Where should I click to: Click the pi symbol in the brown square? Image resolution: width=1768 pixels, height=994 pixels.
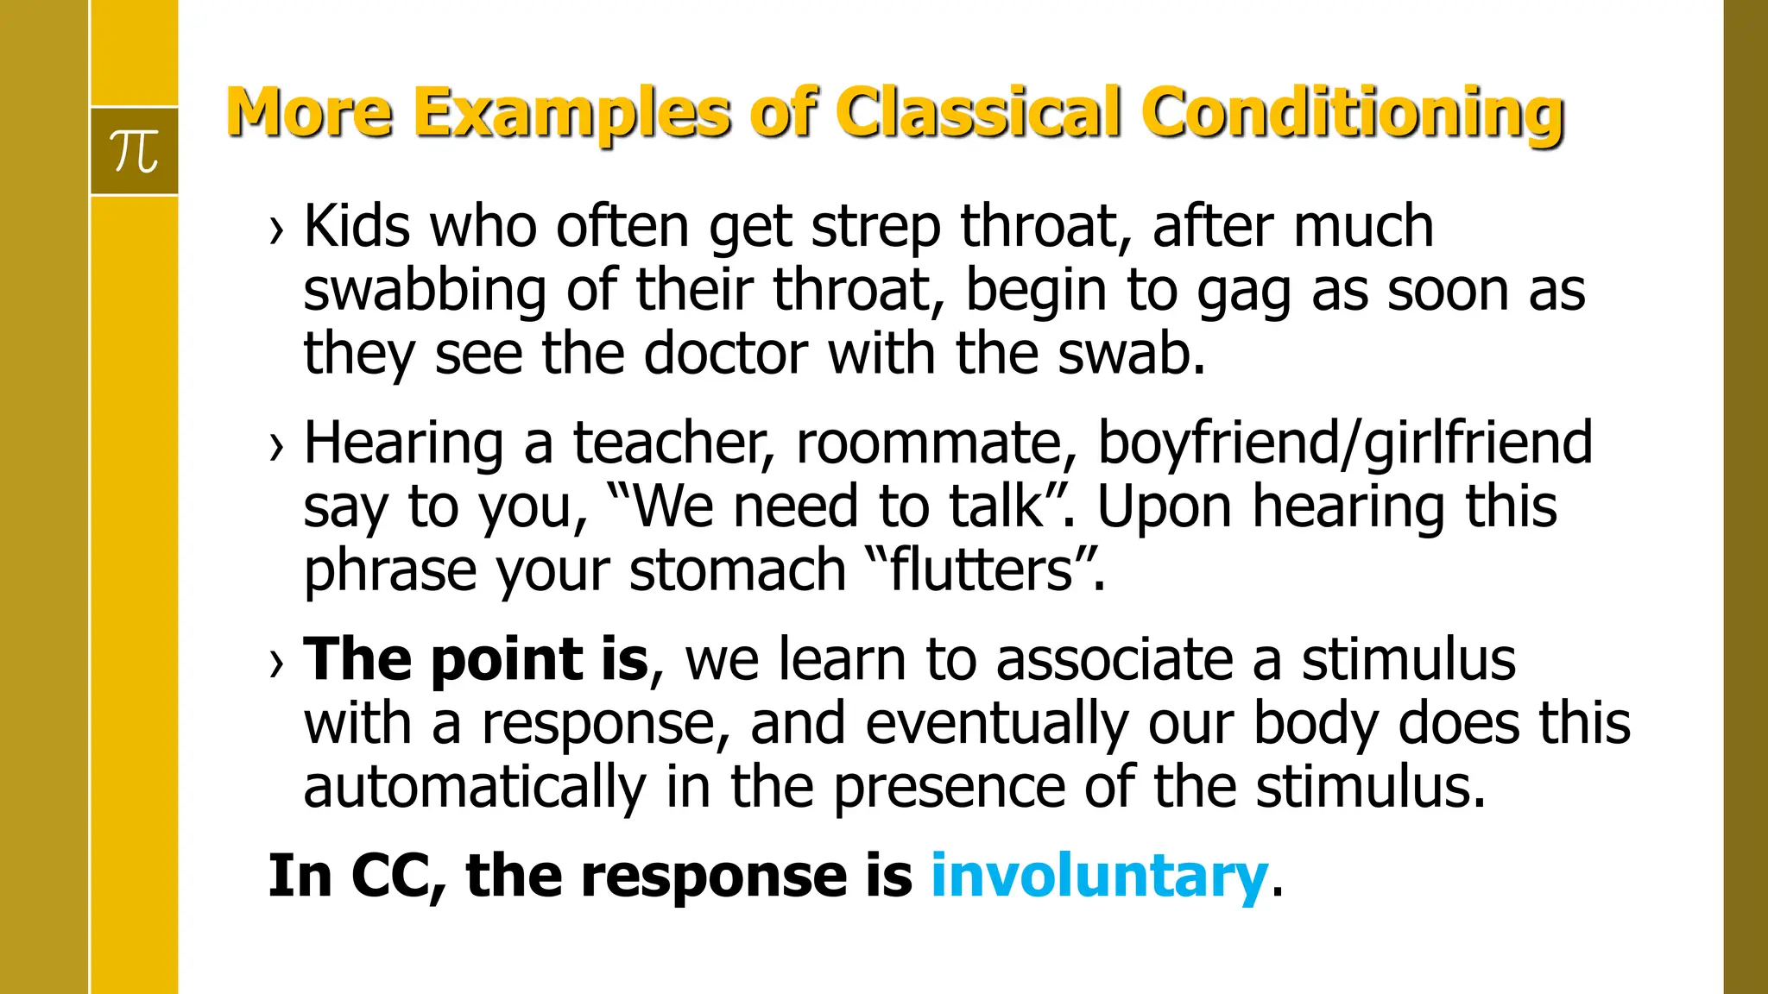click(x=135, y=152)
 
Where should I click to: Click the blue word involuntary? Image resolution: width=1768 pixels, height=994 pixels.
click(x=1098, y=876)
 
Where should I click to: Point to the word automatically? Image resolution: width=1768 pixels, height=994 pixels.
click(x=474, y=789)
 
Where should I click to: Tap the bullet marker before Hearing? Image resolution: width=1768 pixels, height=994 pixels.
click(x=276, y=447)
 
